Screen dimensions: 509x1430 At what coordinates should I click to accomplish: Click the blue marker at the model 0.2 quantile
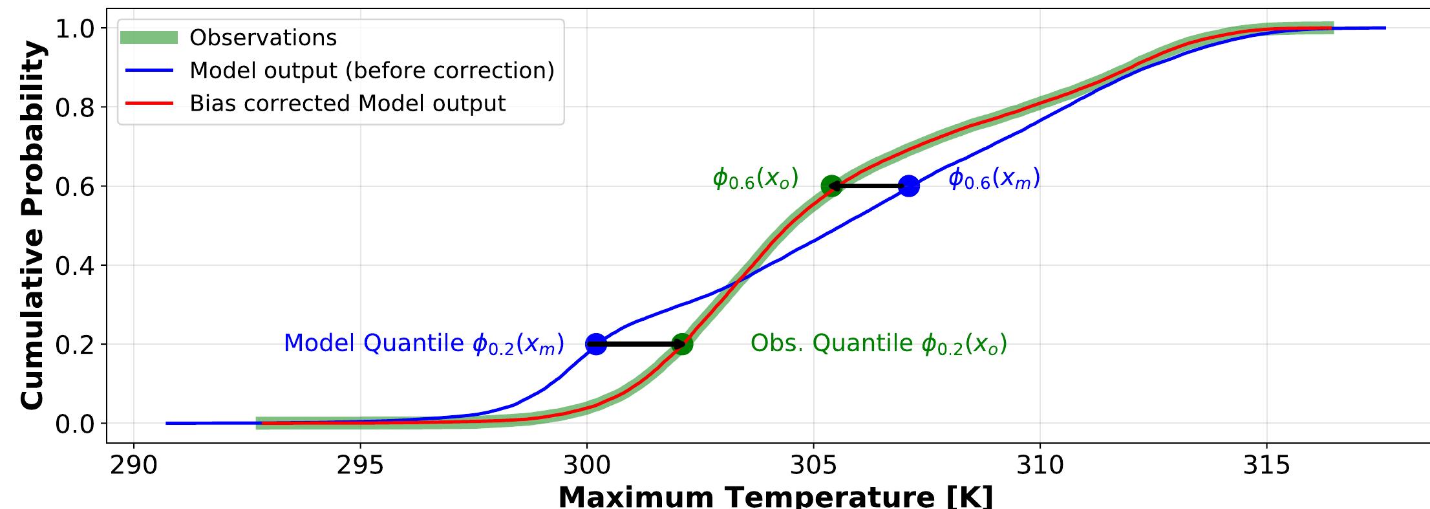tap(596, 344)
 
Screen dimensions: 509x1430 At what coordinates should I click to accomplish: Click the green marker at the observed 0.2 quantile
tap(682, 344)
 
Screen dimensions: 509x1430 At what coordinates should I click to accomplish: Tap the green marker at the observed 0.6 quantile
tap(831, 186)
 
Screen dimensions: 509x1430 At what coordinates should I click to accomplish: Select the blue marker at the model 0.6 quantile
tap(909, 186)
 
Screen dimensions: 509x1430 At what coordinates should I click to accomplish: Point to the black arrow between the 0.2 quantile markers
tap(639, 344)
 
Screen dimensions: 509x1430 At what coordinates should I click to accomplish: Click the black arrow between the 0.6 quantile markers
tap(870, 186)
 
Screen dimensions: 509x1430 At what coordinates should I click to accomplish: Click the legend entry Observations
tap(263, 38)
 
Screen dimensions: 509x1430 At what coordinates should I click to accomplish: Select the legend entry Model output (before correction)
tap(372, 70)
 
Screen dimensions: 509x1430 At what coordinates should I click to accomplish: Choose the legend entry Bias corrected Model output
tap(347, 103)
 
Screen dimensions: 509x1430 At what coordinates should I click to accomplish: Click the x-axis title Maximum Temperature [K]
tap(775, 497)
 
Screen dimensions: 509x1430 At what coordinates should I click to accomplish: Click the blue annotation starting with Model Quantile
tap(424, 343)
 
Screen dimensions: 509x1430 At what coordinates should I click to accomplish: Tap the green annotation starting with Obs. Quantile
tap(879, 343)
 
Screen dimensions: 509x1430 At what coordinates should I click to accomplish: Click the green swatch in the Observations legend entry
tap(149, 38)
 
